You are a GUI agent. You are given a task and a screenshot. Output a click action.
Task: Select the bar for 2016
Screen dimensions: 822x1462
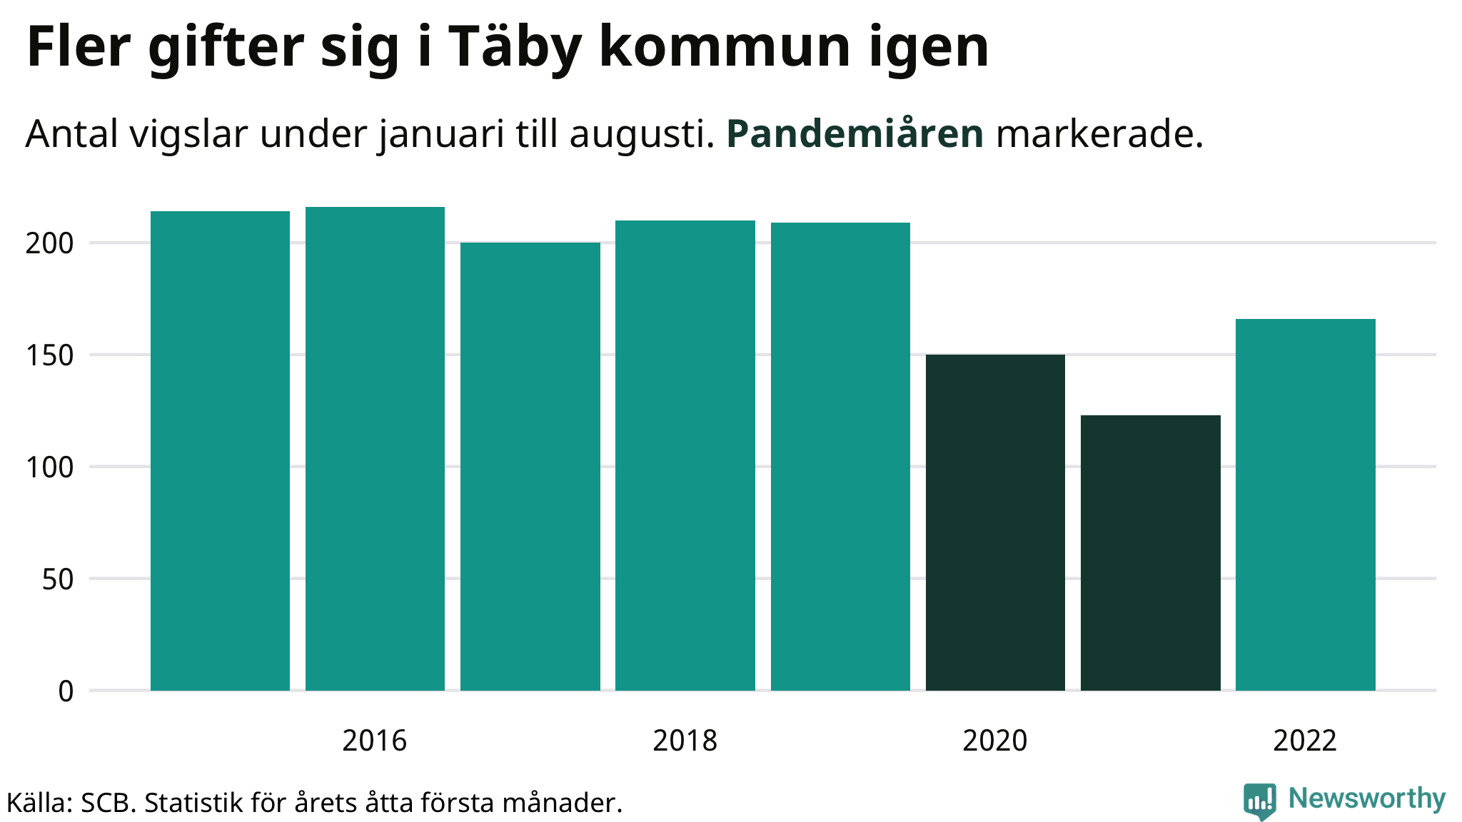tap(375, 449)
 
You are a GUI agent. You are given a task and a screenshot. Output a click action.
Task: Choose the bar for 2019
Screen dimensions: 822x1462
tap(840, 457)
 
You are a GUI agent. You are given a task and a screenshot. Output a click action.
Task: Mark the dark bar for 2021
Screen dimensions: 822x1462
tap(1150, 553)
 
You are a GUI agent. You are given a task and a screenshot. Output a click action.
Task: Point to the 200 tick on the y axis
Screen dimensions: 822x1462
tap(49, 243)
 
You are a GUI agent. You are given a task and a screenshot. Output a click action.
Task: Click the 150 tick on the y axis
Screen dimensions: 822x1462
tap(49, 355)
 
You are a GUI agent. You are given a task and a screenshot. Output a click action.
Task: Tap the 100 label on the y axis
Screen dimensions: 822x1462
tap(49, 467)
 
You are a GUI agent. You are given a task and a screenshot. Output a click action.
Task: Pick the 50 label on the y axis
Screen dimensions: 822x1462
tap(57, 579)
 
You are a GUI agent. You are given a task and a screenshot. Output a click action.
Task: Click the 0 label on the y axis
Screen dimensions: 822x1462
tap(66, 691)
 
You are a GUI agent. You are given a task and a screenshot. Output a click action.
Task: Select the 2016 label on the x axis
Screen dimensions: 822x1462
tap(374, 741)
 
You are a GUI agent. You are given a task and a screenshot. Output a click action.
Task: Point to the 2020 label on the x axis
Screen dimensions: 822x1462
tap(994, 741)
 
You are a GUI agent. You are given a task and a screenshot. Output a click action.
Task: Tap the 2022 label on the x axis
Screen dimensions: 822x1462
tap(1304, 741)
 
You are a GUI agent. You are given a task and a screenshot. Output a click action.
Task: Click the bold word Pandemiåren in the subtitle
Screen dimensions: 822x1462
tap(854, 133)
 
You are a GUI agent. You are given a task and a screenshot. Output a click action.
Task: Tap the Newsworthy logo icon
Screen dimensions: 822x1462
tap(1260, 801)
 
